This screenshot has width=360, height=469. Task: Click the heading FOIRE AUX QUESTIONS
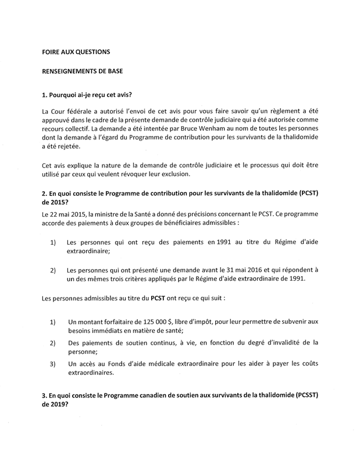coord(76,51)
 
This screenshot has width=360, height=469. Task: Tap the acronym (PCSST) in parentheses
coord(305,395)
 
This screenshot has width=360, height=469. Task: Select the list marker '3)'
coord(53,365)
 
